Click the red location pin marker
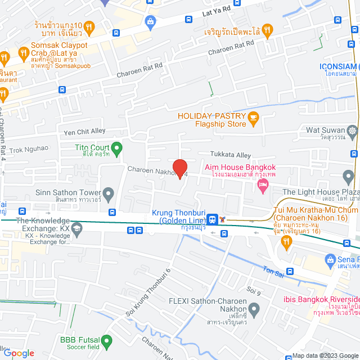179,168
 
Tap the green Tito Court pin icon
116,148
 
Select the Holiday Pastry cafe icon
253,117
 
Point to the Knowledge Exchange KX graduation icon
76,227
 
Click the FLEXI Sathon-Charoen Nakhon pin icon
254,309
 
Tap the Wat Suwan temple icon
352,130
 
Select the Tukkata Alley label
231,154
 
